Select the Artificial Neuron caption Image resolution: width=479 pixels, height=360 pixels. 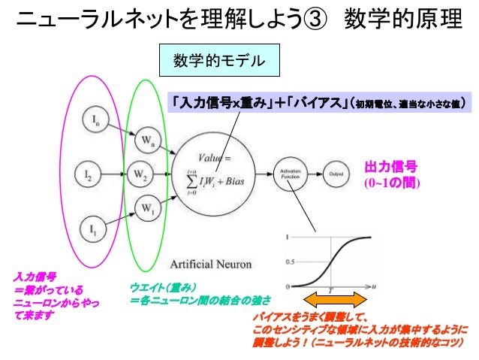(211, 264)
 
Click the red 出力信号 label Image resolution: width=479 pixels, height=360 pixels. (390, 167)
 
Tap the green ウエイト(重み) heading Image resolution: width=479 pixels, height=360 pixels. (163, 286)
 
